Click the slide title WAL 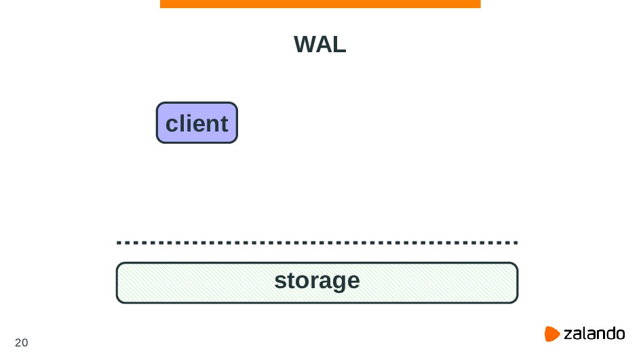pyautogui.click(x=320, y=45)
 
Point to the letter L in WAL pyautogui.click(x=340, y=45)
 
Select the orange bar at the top pyautogui.click(x=320, y=3)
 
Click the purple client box pyautogui.click(x=197, y=123)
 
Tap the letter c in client pyautogui.click(x=172, y=125)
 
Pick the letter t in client pyautogui.click(x=223, y=124)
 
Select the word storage pyautogui.click(x=317, y=281)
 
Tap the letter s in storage pyautogui.click(x=279, y=281)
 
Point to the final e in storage pyautogui.click(x=353, y=281)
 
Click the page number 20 pyautogui.click(x=22, y=342)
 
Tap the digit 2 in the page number pyautogui.click(x=18, y=342)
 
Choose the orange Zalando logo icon pyautogui.click(x=553, y=334)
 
